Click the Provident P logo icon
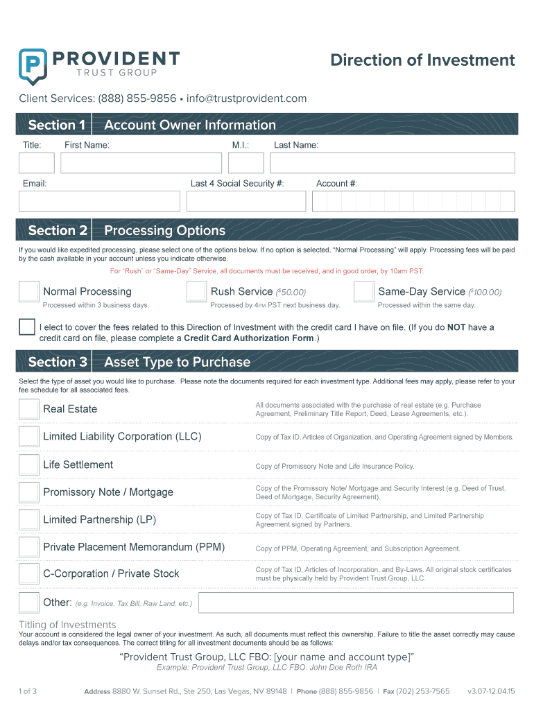click(x=33, y=66)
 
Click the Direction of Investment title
click(x=422, y=60)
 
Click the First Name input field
click(x=141, y=163)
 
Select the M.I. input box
click(x=246, y=163)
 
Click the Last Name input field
click(x=393, y=163)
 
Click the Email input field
click(x=99, y=201)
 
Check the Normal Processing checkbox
click(x=28, y=292)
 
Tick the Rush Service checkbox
click(x=196, y=292)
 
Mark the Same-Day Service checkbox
click(x=363, y=292)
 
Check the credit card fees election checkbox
click(x=27, y=327)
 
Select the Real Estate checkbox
click(x=28, y=409)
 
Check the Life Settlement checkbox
click(x=28, y=465)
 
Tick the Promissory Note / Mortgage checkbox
click(x=28, y=492)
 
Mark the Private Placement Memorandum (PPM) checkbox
click(x=28, y=547)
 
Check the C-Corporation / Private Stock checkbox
click(x=28, y=574)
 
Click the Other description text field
click(x=356, y=603)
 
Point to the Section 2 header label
click(x=58, y=230)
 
